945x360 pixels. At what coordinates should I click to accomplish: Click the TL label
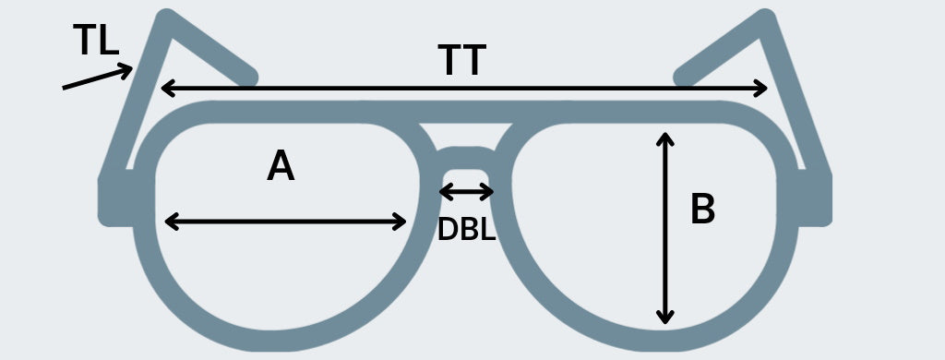[96, 42]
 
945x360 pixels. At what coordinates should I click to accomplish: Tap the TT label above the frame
[461, 62]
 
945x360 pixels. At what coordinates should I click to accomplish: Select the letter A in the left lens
[281, 167]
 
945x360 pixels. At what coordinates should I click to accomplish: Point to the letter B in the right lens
[702, 210]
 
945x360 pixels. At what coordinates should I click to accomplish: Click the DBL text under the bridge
[466, 229]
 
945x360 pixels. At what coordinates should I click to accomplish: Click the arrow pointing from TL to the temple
[98, 79]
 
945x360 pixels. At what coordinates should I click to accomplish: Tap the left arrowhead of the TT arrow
[167, 89]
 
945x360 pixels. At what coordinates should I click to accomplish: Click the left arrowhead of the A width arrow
[170, 222]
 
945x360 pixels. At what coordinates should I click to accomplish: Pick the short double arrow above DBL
[466, 192]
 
